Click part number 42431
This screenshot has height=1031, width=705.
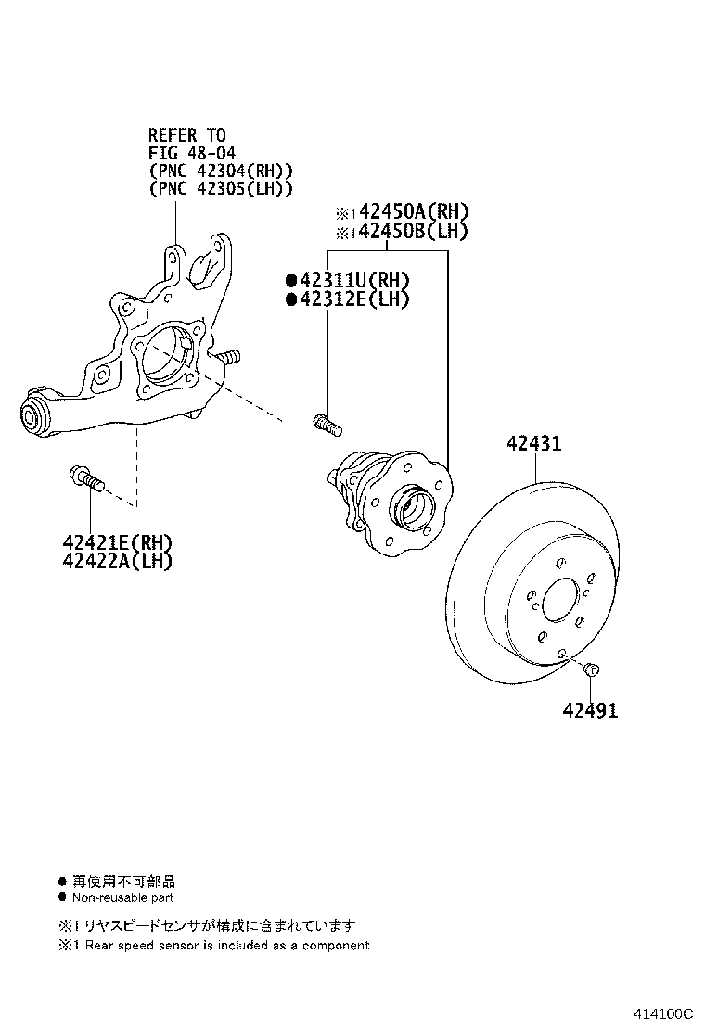tap(533, 444)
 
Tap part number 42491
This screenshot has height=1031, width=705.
tap(589, 710)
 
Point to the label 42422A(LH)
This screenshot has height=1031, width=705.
tap(118, 560)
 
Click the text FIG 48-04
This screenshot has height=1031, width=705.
tap(193, 153)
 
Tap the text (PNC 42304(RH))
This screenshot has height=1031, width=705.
tap(221, 171)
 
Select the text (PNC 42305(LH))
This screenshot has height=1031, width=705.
tap(221, 188)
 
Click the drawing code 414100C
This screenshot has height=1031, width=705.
tap(664, 1013)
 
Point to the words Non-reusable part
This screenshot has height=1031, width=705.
tap(122, 897)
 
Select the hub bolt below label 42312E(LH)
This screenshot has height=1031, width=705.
tap(327, 424)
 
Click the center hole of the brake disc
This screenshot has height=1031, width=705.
tap(560, 602)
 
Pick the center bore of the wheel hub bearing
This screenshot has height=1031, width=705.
tap(412, 508)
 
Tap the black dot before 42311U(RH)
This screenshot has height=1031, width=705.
tap(290, 280)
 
